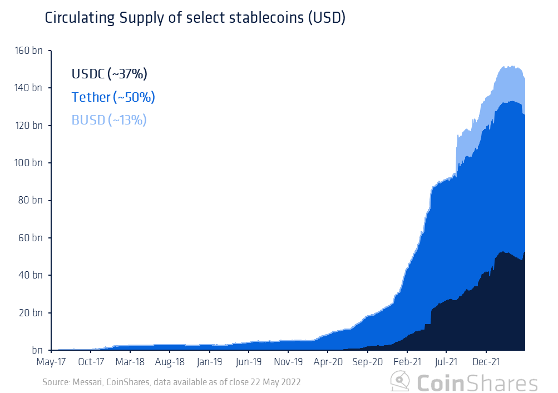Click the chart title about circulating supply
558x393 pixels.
pos(195,18)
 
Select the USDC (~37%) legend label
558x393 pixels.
pos(109,74)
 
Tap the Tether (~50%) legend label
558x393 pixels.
pos(113,97)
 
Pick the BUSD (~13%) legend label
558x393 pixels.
pos(109,120)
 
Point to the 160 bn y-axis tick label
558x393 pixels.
pos(28,51)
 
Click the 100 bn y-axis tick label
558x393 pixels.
pos(28,163)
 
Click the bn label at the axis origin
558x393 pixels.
pos(37,350)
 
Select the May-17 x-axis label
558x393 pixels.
pos(51,362)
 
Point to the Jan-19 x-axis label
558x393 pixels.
pos(209,362)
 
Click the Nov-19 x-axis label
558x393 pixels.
pos(288,362)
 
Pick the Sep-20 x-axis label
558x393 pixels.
pos(367,362)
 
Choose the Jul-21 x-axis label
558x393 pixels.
pos(446,362)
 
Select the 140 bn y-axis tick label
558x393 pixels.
pos(28,88)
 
